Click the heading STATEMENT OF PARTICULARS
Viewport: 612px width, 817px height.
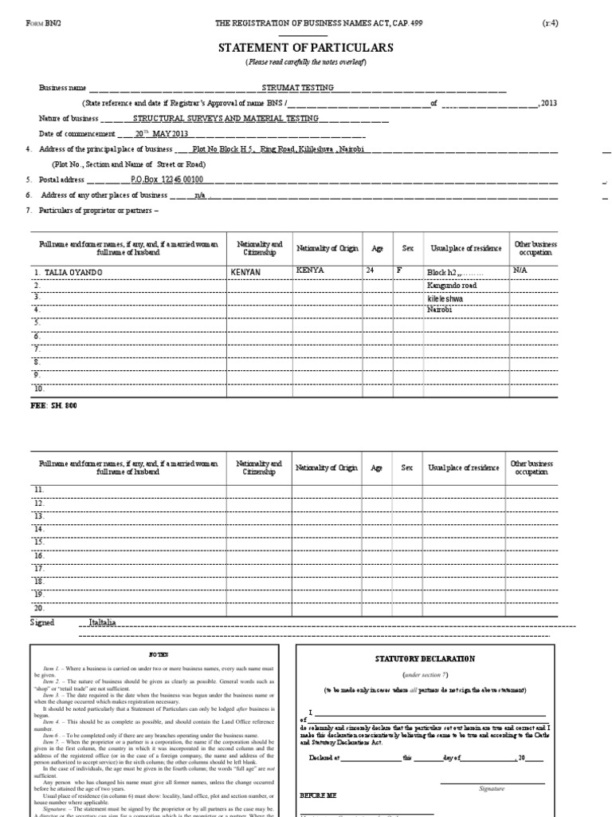306,49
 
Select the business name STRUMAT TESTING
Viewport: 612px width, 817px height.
298,88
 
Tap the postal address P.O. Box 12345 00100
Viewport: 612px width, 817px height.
167,180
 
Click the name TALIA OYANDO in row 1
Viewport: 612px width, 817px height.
68,271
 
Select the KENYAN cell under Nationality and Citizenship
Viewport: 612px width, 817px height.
245,271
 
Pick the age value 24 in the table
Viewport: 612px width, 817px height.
370,270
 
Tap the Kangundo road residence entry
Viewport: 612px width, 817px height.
453,285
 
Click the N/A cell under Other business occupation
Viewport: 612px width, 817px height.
520,271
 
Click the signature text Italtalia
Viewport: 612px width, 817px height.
102,621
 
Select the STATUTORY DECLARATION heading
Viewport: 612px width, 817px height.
414,659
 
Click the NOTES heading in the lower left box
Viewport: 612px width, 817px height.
159,653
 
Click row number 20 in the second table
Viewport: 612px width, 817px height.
39,607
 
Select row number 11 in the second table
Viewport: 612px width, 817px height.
39,489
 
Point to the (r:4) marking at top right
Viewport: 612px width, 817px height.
551,23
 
